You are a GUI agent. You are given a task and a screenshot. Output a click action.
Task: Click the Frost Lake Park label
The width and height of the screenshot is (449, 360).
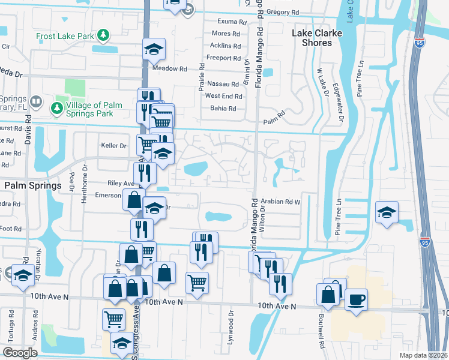point(65,36)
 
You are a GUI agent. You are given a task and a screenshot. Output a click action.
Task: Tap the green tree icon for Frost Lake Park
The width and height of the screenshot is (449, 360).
point(104,35)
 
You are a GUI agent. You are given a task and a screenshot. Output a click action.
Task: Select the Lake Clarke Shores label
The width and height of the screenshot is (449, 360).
point(312,38)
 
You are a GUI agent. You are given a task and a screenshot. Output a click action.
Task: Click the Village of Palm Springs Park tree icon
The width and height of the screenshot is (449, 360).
point(57,109)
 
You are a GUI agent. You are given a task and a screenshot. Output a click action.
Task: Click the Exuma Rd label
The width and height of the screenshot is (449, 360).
point(233,22)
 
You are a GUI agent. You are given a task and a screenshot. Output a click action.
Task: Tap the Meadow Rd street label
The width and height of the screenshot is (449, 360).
point(166,68)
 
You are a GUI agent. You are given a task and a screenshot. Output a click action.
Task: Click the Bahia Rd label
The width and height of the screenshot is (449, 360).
point(223,109)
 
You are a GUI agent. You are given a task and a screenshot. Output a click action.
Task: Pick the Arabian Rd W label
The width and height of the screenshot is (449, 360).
point(280,202)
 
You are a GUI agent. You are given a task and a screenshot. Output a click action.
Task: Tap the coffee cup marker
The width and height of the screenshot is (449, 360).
point(355,299)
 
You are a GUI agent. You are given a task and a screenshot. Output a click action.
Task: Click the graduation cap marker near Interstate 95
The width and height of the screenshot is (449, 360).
point(387,212)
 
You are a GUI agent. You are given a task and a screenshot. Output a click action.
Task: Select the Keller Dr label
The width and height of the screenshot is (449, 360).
point(114,146)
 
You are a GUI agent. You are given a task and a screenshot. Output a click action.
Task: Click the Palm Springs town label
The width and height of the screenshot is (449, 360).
point(32,186)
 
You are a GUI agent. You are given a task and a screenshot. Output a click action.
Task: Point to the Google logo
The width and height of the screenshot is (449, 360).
point(20,353)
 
